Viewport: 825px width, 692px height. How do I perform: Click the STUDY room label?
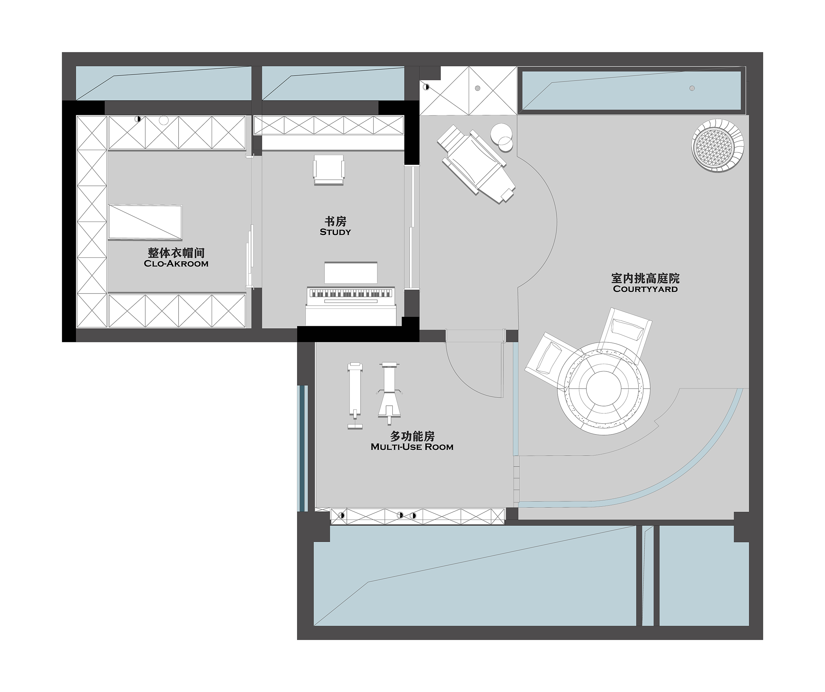click(x=335, y=232)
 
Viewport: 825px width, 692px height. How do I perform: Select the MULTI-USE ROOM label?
click(x=412, y=447)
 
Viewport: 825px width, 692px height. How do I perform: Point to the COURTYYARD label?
click(x=645, y=289)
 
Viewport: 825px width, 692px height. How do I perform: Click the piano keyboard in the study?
click(x=350, y=294)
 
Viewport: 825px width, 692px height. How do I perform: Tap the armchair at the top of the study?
click(x=329, y=169)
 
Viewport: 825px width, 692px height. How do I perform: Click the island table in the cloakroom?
click(x=145, y=222)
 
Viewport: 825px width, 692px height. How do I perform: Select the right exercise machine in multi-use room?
click(x=389, y=393)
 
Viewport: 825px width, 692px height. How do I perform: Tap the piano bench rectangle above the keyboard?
click(x=351, y=273)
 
